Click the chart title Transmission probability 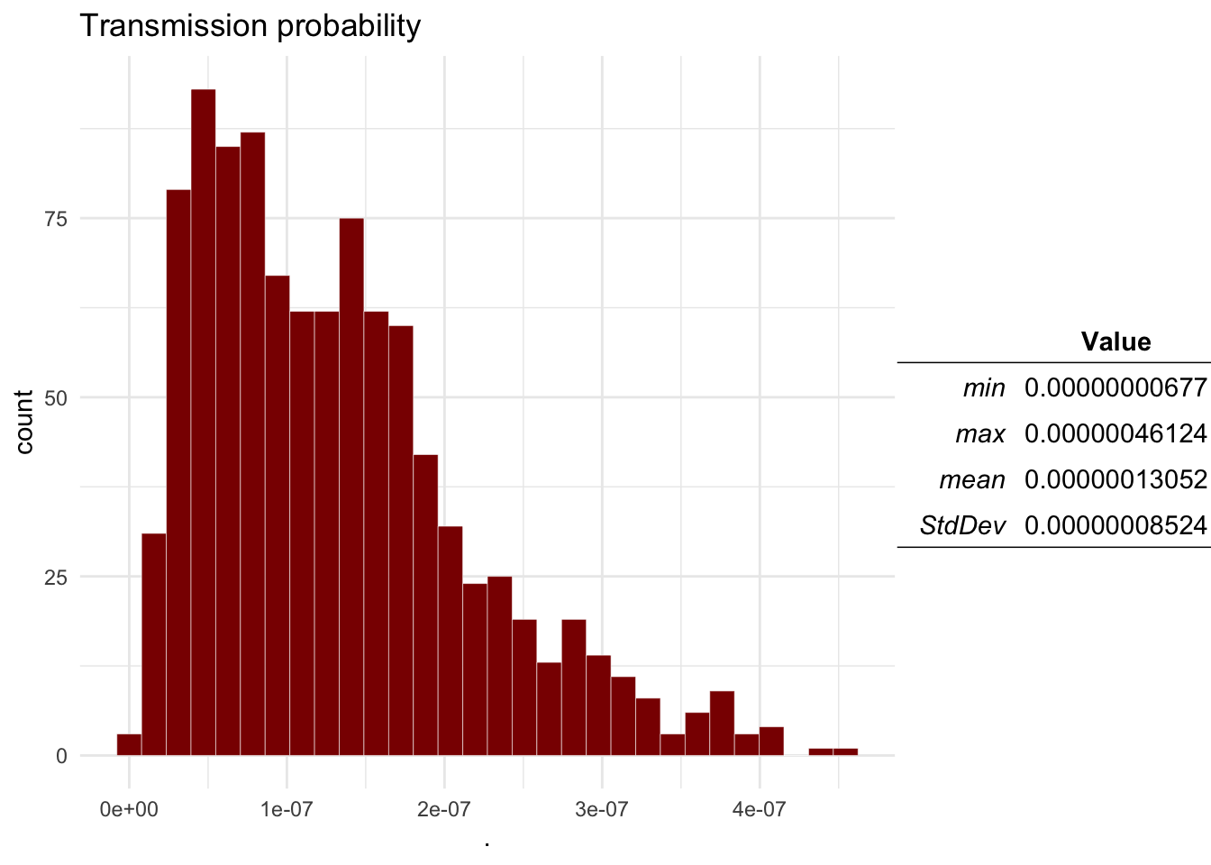[250, 26]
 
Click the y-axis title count [24, 422]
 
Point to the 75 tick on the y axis [57, 219]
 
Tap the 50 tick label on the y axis [57, 398]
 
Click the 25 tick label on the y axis [57, 577]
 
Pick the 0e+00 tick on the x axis [129, 809]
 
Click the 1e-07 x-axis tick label [287, 809]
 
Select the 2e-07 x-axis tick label [444, 809]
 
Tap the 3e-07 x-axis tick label [602, 809]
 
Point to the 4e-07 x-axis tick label [760, 809]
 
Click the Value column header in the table [1115, 341]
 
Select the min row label [984, 388]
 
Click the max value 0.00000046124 [1115, 434]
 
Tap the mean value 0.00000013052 [1115, 479]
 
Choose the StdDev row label [962, 525]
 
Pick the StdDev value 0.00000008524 [1115, 525]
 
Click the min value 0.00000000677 [1115, 388]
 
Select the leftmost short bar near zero [129, 745]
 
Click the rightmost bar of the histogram [845, 751]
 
